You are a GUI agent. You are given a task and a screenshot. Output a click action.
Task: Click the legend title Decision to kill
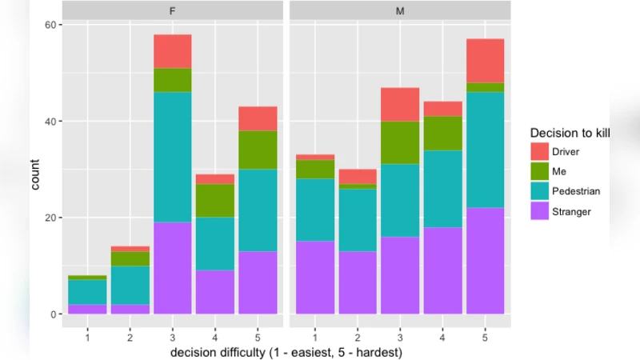click(570, 132)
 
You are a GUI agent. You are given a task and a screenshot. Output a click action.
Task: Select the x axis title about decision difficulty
click(286, 352)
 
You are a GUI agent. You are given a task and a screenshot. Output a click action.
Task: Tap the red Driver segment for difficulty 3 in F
click(172, 51)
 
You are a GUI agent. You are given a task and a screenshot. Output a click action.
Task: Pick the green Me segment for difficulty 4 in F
click(214, 200)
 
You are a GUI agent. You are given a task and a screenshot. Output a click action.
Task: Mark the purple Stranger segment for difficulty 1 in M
click(315, 278)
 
